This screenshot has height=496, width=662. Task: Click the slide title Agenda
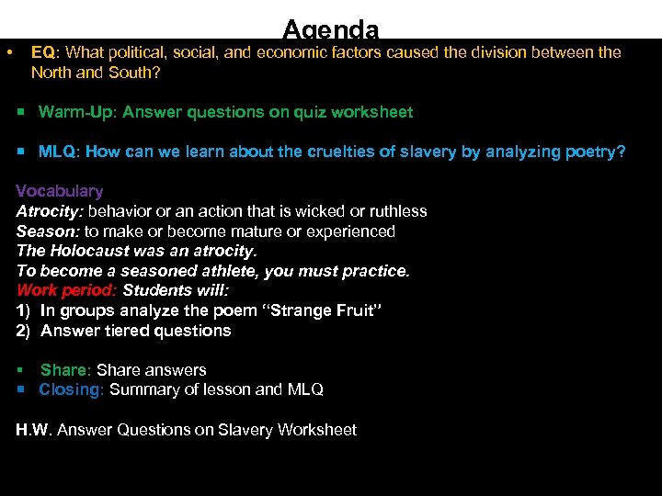(x=330, y=29)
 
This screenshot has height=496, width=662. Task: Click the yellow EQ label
(x=42, y=52)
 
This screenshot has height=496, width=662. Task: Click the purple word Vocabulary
(x=60, y=191)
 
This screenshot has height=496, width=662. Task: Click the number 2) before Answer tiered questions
(x=25, y=331)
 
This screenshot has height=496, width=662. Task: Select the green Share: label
(x=65, y=370)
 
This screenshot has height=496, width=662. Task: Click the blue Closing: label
(x=72, y=389)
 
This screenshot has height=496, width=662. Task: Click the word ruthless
(x=396, y=211)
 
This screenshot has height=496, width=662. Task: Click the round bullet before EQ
(x=9, y=52)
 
